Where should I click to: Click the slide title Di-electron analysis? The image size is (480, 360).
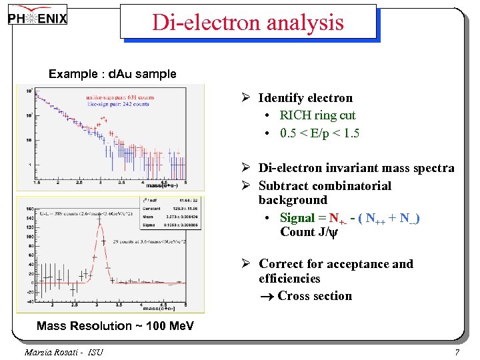[x=248, y=22]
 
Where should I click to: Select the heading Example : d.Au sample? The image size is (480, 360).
[x=112, y=74]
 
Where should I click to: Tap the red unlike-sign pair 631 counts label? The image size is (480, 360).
[x=121, y=97]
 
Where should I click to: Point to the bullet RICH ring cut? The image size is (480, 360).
[x=317, y=115]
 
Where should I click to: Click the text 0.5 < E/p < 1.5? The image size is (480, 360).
[x=319, y=133]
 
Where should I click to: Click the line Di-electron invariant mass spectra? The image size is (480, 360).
[x=356, y=168]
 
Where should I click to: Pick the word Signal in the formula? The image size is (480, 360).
[x=297, y=218]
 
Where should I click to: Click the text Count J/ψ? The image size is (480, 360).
[x=306, y=232]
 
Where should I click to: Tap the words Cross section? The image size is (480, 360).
[x=315, y=296]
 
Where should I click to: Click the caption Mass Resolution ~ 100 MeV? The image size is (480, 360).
[x=115, y=325]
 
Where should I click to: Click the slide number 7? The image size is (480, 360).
[x=457, y=351]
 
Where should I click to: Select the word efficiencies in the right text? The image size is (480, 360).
[x=289, y=279]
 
